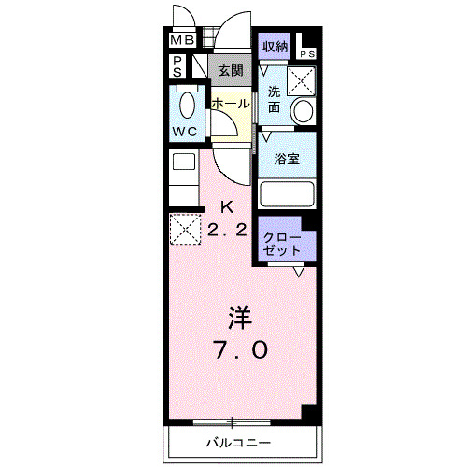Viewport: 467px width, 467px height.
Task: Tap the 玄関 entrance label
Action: pos(230,69)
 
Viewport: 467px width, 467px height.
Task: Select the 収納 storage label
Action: pos(275,46)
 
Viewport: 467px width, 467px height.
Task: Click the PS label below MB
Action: pos(177,66)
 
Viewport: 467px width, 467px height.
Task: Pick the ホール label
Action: pos(230,104)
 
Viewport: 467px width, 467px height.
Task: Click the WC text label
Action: pos(185,132)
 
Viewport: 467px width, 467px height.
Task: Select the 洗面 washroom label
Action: pos(275,99)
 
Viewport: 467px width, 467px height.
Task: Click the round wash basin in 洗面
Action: pos(304,111)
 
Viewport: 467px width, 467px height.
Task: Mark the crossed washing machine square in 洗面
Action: pos(301,80)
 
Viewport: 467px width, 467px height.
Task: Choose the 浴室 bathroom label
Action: pos(287,159)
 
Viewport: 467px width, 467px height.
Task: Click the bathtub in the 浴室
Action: pos(287,194)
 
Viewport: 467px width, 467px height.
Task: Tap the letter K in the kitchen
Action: pos(227,207)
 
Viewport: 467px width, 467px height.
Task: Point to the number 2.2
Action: pos(229,229)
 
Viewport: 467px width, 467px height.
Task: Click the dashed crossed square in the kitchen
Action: pos(184,227)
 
